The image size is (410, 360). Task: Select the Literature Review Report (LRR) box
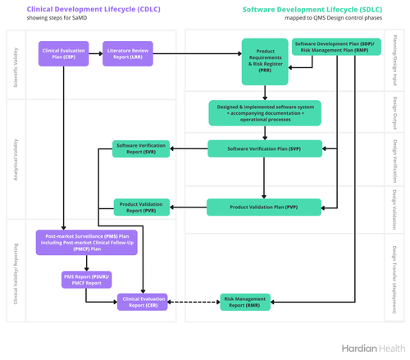(126, 54)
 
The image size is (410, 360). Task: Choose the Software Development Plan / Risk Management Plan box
(335, 47)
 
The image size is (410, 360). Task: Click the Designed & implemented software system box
(265, 113)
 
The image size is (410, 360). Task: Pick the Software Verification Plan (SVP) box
(263, 148)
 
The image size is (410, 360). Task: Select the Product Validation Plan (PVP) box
(263, 207)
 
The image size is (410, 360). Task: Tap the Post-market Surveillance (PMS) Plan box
(87, 244)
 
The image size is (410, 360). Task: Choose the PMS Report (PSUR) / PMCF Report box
(87, 280)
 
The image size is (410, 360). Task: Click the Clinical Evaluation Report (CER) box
(143, 302)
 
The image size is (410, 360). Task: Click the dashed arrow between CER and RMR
(193, 302)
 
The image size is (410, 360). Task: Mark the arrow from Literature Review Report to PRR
(198, 54)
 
